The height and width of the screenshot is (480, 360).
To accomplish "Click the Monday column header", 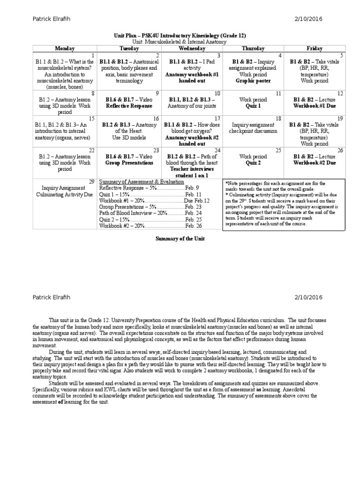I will tap(65, 48).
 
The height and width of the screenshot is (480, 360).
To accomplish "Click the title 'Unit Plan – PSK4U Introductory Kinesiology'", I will tap(180, 36).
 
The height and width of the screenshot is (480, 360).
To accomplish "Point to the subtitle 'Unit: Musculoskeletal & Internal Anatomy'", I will tap(180, 42).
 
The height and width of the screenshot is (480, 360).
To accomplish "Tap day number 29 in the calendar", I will tap(92, 181).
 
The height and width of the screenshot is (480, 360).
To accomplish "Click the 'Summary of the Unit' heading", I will tap(180, 239).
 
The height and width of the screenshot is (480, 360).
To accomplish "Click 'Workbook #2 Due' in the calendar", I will tap(315, 163).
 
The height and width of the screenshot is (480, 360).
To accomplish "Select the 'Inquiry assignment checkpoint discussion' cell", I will tap(253, 128).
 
